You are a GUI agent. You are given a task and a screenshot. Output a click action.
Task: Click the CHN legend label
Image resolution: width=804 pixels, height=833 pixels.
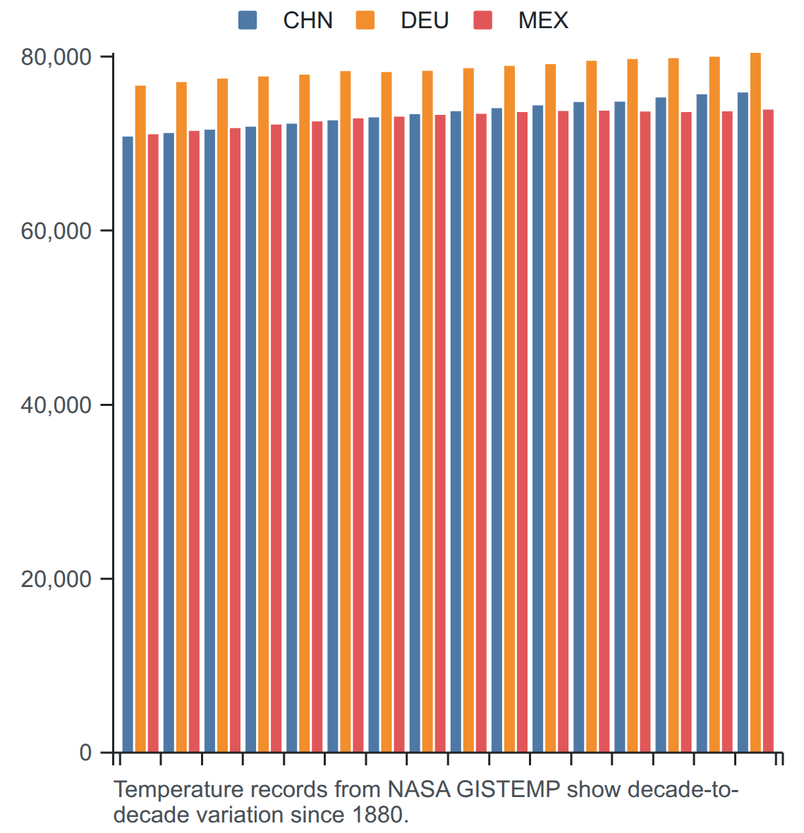(308, 20)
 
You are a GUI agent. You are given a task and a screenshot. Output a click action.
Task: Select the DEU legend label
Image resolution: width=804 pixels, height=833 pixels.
(425, 20)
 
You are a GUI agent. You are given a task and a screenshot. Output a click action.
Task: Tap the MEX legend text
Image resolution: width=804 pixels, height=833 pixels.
(544, 20)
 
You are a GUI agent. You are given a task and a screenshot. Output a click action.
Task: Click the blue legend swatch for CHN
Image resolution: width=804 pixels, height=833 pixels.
(248, 20)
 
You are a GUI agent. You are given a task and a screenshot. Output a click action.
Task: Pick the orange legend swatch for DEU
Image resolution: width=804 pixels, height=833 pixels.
(365, 20)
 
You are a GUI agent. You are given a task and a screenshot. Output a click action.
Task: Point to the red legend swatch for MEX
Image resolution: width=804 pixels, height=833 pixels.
(483, 20)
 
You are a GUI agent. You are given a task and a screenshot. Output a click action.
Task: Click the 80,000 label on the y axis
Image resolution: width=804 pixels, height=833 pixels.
(56, 57)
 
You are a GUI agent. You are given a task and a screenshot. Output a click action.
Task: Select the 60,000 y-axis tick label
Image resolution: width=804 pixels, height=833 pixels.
(56, 231)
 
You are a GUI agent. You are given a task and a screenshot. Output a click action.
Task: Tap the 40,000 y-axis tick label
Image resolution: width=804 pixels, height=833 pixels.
(56, 405)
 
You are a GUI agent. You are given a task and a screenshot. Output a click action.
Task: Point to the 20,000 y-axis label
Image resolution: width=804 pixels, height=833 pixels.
(56, 579)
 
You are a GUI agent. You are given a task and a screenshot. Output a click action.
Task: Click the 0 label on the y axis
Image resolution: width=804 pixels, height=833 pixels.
(85, 753)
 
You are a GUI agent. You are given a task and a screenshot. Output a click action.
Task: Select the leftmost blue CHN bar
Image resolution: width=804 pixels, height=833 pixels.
(128, 444)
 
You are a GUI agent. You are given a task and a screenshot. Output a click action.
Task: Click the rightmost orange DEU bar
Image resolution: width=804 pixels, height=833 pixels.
(755, 402)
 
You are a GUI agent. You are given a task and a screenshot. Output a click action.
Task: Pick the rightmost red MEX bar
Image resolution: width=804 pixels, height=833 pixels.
(768, 431)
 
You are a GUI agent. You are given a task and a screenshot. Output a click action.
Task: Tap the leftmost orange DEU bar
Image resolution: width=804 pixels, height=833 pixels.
(140, 419)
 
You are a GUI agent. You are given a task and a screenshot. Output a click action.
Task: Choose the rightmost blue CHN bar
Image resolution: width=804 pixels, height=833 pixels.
(743, 422)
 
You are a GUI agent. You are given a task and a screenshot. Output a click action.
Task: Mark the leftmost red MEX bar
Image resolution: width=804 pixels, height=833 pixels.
(153, 443)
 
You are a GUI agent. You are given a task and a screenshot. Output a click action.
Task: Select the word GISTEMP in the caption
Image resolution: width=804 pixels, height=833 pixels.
(508, 789)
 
